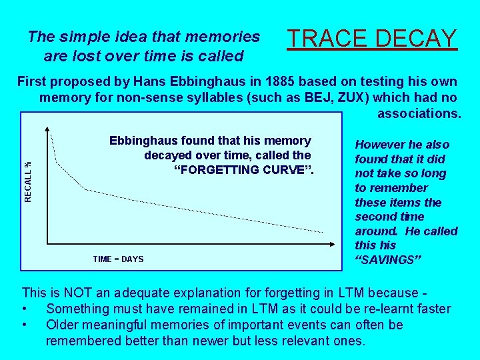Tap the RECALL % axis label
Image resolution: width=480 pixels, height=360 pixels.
click(x=28, y=182)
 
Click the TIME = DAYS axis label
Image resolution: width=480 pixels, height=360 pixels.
click(x=118, y=259)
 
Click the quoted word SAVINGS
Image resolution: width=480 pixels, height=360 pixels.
click(x=385, y=259)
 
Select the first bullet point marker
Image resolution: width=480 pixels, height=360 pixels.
click(x=25, y=309)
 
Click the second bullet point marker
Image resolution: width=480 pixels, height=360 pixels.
click(x=25, y=325)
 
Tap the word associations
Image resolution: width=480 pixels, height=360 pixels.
click(x=419, y=113)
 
